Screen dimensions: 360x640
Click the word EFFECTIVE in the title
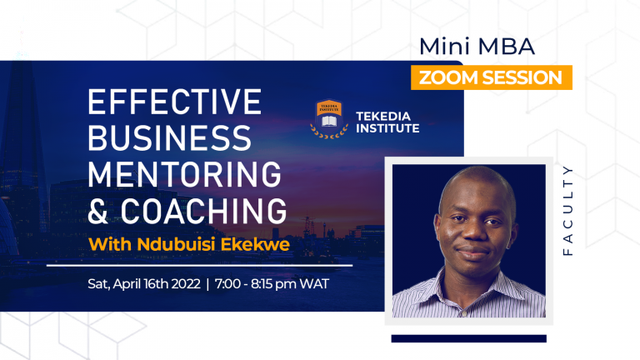[x=174, y=103]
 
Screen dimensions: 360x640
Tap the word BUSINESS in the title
[x=168, y=138]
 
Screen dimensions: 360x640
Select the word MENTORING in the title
[x=184, y=173]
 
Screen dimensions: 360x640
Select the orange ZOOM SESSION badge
[x=491, y=77]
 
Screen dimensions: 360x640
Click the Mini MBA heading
[x=477, y=46]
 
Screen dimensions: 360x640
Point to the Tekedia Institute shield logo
[x=328, y=117]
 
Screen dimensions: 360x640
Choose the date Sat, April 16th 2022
[x=143, y=283]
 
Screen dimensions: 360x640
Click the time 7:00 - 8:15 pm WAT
[x=272, y=283]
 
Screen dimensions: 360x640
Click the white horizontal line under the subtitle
[x=199, y=265]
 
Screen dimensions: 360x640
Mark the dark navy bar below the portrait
[x=468, y=338]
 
